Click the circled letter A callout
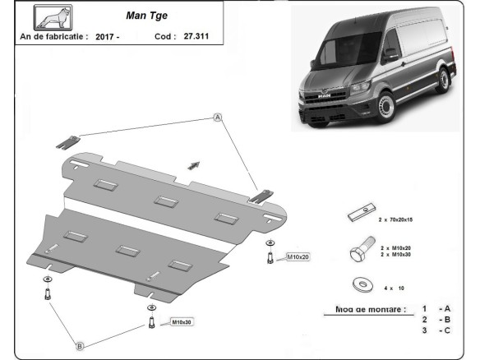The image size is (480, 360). click(219, 118)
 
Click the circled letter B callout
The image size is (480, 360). click(81, 345)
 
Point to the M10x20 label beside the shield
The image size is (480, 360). click(298, 258)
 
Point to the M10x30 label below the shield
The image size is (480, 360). click(181, 322)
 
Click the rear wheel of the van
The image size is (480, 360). click(445, 84)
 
